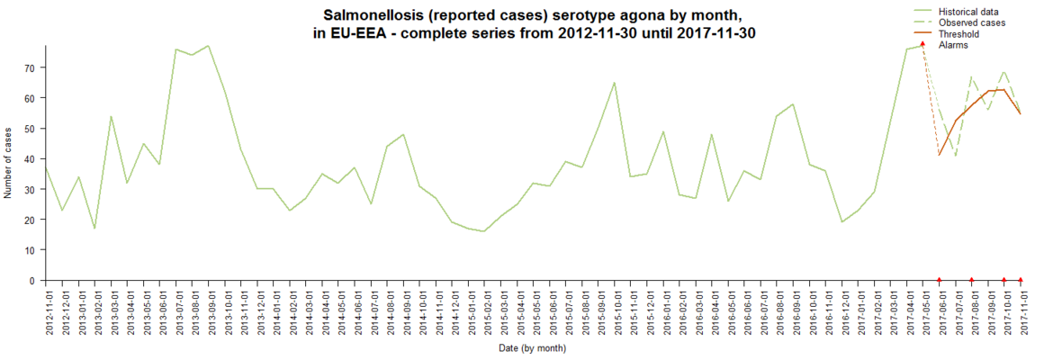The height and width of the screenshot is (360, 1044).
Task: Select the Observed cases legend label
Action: pos(971,22)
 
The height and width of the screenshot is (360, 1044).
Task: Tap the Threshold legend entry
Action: pos(958,34)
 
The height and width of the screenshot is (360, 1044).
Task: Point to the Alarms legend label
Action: pos(954,45)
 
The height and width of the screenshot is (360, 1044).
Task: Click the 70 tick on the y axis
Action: pos(29,67)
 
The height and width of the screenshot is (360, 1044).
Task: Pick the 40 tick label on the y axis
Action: pos(29,159)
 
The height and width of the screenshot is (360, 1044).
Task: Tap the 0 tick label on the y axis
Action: pos(32,281)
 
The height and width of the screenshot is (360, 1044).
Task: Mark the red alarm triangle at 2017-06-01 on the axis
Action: pos(940,280)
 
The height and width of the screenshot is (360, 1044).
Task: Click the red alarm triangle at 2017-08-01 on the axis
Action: pos(972,280)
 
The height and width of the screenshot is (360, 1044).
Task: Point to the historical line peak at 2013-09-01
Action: pos(209,46)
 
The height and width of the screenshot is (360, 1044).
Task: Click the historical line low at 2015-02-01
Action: pos(486,231)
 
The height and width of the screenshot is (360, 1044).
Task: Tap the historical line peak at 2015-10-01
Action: pos(615,83)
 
